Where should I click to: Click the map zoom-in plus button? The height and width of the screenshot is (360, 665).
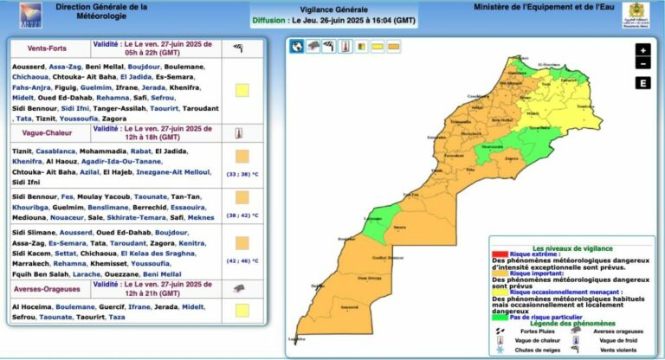(x=642, y=50)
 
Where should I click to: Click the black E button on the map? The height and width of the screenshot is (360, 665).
(x=642, y=83)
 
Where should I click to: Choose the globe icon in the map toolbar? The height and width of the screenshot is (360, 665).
(x=297, y=47)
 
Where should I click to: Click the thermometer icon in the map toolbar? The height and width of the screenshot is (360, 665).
(x=343, y=47)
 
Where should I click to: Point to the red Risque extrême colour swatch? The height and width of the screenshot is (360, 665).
(x=499, y=254)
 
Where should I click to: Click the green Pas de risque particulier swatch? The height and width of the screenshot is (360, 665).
(x=499, y=318)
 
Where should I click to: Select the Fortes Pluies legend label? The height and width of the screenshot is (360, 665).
(x=537, y=331)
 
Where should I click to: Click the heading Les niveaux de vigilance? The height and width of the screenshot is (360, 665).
(x=568, y=247)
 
